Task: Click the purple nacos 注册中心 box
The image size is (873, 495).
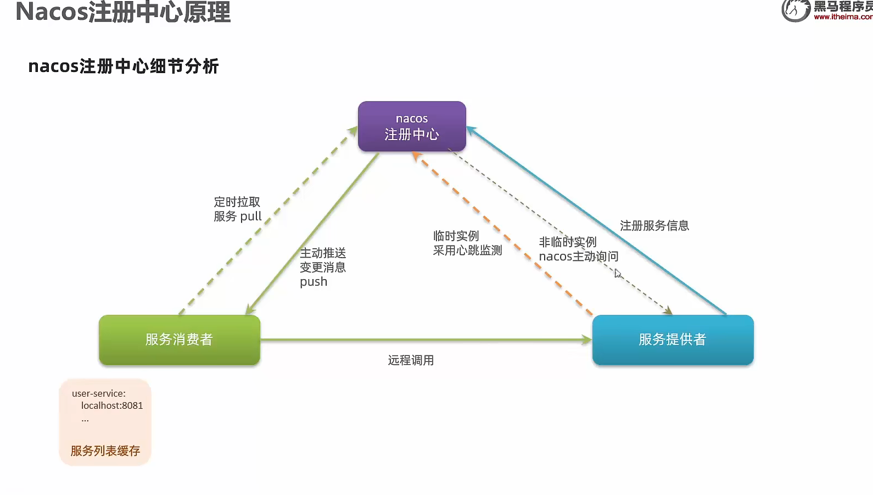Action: point(412,126)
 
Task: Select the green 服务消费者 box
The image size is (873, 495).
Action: point(179,340)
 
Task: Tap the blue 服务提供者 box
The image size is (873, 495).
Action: point(673,340)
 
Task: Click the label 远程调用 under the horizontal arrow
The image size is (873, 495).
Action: point(411,360)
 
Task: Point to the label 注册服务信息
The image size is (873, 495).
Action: point(654,226)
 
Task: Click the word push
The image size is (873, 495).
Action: point(314,282)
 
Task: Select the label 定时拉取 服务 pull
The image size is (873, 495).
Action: point(237,209)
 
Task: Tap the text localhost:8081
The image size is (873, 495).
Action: point(112,405)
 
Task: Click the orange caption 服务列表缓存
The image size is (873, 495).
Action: point(105,451)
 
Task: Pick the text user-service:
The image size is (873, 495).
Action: point(99,393)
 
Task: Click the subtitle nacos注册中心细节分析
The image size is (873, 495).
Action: point(124,66)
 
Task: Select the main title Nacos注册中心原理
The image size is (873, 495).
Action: point(123,12)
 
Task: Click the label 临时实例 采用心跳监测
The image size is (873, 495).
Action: point(467,243)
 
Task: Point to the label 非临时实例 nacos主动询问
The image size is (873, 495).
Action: point(578,249)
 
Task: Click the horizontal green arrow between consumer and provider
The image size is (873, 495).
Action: point(426,340)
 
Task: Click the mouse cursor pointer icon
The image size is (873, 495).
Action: point(618,274)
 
